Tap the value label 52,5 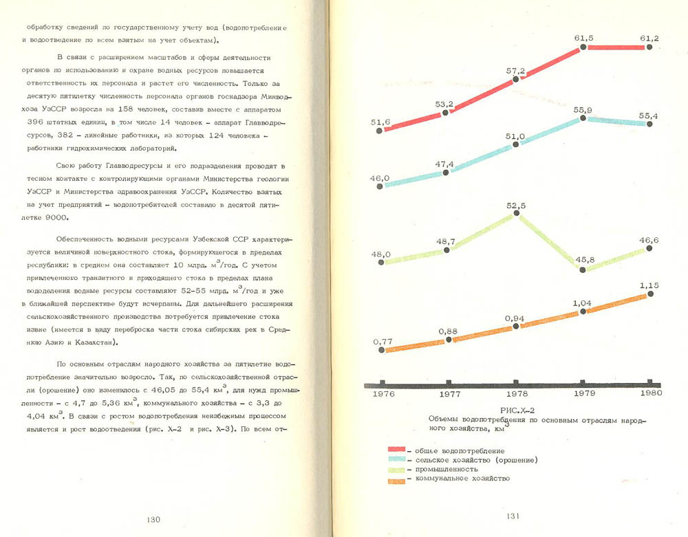tap(516, 206)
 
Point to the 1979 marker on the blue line tap(583, 118)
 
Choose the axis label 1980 tap(649, 393)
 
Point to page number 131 tap(516, 517)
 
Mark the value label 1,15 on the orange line tap(649, 284)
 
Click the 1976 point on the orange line tap(380, 350)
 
